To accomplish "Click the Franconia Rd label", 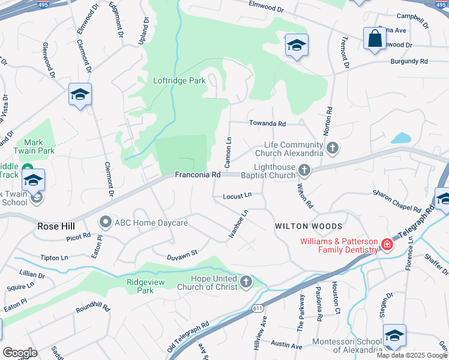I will click(x=197, y=175).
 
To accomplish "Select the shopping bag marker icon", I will click(x=375, y=39).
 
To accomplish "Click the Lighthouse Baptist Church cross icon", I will click(x=304, y=170).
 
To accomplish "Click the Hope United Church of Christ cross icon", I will click(x=246, y=281).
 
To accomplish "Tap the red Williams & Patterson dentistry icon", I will click(x=387, y=244).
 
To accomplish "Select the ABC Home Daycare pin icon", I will click(x=105, y=223).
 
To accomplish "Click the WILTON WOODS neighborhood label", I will click(x=309, y=226).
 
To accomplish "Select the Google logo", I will click(x=20, y=353).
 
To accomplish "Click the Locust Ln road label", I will click(x=237, y=196).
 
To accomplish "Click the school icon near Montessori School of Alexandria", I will click(x=394, y=336).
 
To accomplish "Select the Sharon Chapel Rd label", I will click(x=397, y=200).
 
